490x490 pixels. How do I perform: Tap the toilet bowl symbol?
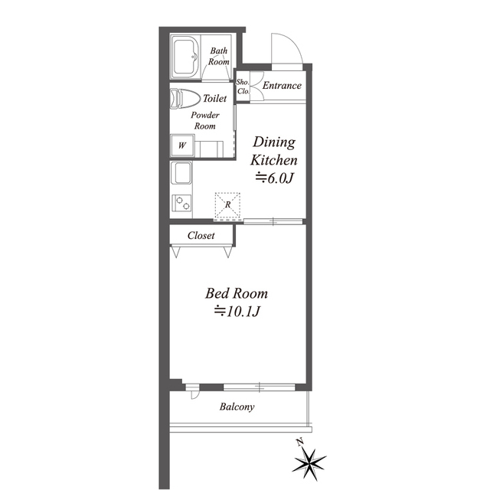pos(185,99)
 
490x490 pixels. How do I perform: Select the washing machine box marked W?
pos(182,145)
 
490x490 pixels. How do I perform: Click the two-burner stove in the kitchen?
pos(182,203)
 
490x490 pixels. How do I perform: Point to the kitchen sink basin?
pos(181,174)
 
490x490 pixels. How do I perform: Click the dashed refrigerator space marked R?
pos(227,205)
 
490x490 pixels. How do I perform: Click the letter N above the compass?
pos(300,443)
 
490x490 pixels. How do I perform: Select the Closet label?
pos(201,235)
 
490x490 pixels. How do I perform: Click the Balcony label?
pos(237,407)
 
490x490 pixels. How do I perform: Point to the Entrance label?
pos(282,85)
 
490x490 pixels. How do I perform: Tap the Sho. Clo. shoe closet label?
pos(243,87)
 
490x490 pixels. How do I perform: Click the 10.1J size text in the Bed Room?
pos(237,312)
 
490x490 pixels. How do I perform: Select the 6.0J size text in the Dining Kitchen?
pos(274,178)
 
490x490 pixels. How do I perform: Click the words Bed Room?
pos(237,293)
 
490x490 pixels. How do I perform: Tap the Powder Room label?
pos(205,121)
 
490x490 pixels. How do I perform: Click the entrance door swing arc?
pos(294,43)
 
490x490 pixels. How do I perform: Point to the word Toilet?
pos(214,99)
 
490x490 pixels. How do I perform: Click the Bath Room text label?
pos(219,56)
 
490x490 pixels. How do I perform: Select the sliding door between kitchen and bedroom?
pos(273,221)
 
